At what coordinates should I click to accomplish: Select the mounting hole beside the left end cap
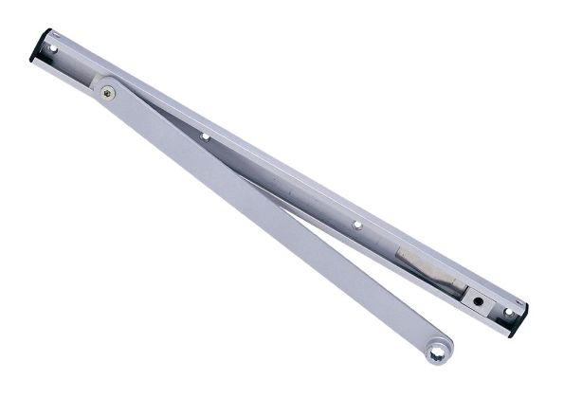pos(54,46)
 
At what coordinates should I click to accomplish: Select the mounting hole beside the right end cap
pos(507,310)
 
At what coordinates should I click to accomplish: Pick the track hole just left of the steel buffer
pos(357,225)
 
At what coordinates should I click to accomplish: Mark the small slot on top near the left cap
pos(71,38)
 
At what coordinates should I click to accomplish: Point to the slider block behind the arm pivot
pos(98,76)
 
